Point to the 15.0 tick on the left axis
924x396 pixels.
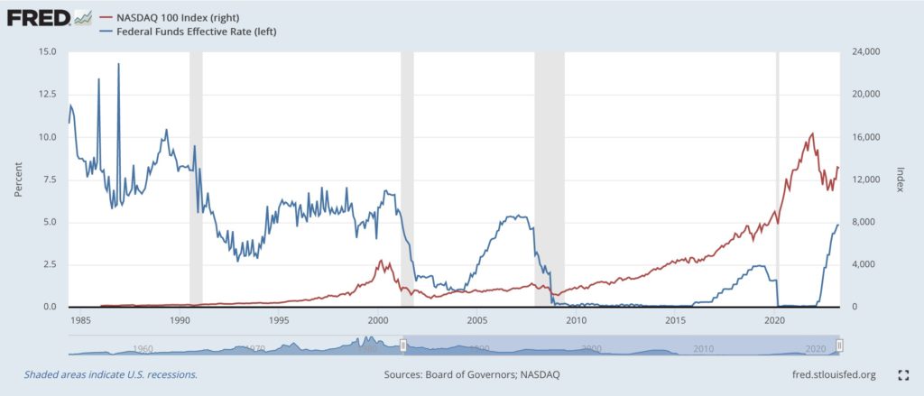[47, 52]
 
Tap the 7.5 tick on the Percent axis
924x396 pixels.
[50, 180]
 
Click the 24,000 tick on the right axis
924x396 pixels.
[867, 52]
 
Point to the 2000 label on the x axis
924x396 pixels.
[377, 319]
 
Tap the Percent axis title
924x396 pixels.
[17, 180]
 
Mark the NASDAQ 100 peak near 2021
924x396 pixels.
[812, 134]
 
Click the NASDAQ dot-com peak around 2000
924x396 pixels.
[380, 261]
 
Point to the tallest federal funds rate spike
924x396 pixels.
[118, 65]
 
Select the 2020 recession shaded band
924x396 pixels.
[778, 180]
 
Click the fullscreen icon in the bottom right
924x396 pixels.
[901, 373]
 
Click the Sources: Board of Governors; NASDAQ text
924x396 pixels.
[458, 373]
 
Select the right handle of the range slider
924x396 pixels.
[839, 345]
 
